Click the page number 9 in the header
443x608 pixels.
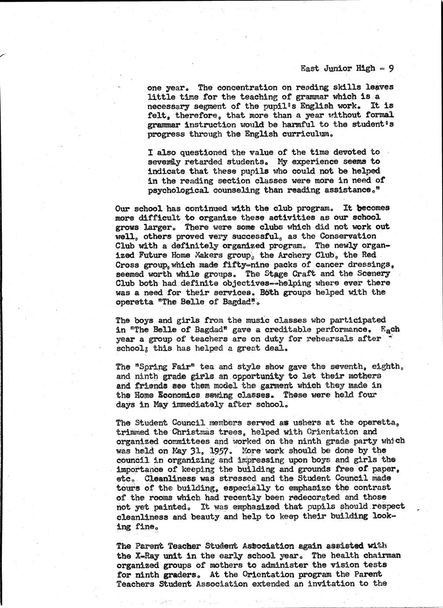pos(391,68)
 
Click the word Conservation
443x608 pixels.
pos(357,236)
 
